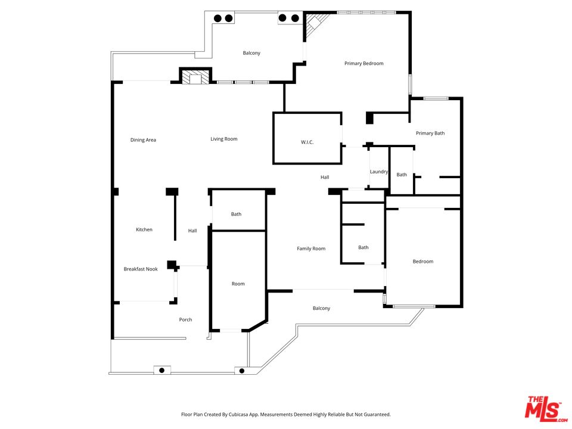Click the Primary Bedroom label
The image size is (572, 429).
(363, 63)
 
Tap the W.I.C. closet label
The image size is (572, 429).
(307, 142)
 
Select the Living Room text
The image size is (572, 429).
(223, 139)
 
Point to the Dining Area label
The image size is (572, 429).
(143, 140)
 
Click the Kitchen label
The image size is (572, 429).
(144, 229)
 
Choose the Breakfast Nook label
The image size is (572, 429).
(141, 269)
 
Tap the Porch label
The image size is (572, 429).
(185, 319)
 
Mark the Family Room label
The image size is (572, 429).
(311, 248)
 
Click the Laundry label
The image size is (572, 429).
(379, 172)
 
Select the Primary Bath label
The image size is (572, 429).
(430, 133)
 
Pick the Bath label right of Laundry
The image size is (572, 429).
(402, 175)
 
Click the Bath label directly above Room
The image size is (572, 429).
(236, 214)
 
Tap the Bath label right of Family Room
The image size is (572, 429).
(363, 247)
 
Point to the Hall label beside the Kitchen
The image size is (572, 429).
(192, 231)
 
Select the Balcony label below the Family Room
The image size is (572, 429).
(321, 308)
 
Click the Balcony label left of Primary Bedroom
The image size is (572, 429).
(251, 53)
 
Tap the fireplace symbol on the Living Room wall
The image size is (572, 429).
(195, 77)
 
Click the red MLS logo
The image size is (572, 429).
(542, 409)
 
